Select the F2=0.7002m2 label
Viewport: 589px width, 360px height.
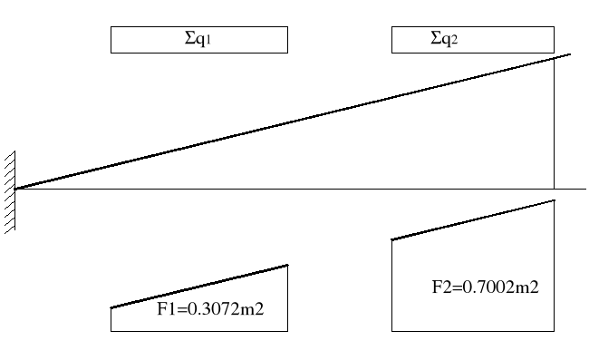point(485,287)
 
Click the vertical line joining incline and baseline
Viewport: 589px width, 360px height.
point(555,127)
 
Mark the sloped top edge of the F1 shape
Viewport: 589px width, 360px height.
point(199,287)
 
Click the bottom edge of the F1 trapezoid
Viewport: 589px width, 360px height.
point(199,331)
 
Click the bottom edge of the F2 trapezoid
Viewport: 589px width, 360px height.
point(473,331)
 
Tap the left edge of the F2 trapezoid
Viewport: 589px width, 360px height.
point(391,286)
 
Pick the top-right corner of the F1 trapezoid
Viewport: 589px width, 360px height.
point(287,265)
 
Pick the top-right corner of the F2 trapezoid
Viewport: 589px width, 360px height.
point(555,199)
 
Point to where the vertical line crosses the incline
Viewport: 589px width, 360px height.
point(555,58)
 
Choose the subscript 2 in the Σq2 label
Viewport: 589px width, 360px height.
point(455,42)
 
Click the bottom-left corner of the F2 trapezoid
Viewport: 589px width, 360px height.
point(391,331)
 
